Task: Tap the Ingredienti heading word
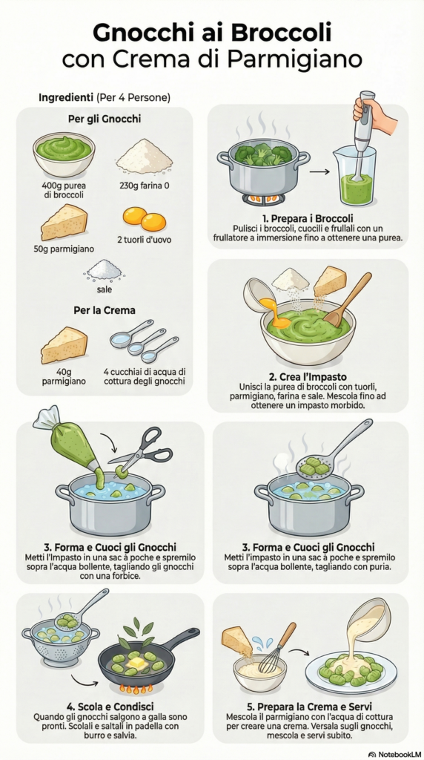(x=65, y=97)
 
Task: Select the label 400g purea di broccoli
(x=63, y=189)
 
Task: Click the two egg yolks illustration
(x=145, y=219)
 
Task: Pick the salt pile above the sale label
(x=103, y=270)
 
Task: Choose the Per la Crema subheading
(x=104, y=309)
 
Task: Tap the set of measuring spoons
(x=144, y=341)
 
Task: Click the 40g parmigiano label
(x=64, y=376)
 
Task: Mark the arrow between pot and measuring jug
(x=319, y=171)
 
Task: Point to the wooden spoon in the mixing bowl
(x=347, y=301)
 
